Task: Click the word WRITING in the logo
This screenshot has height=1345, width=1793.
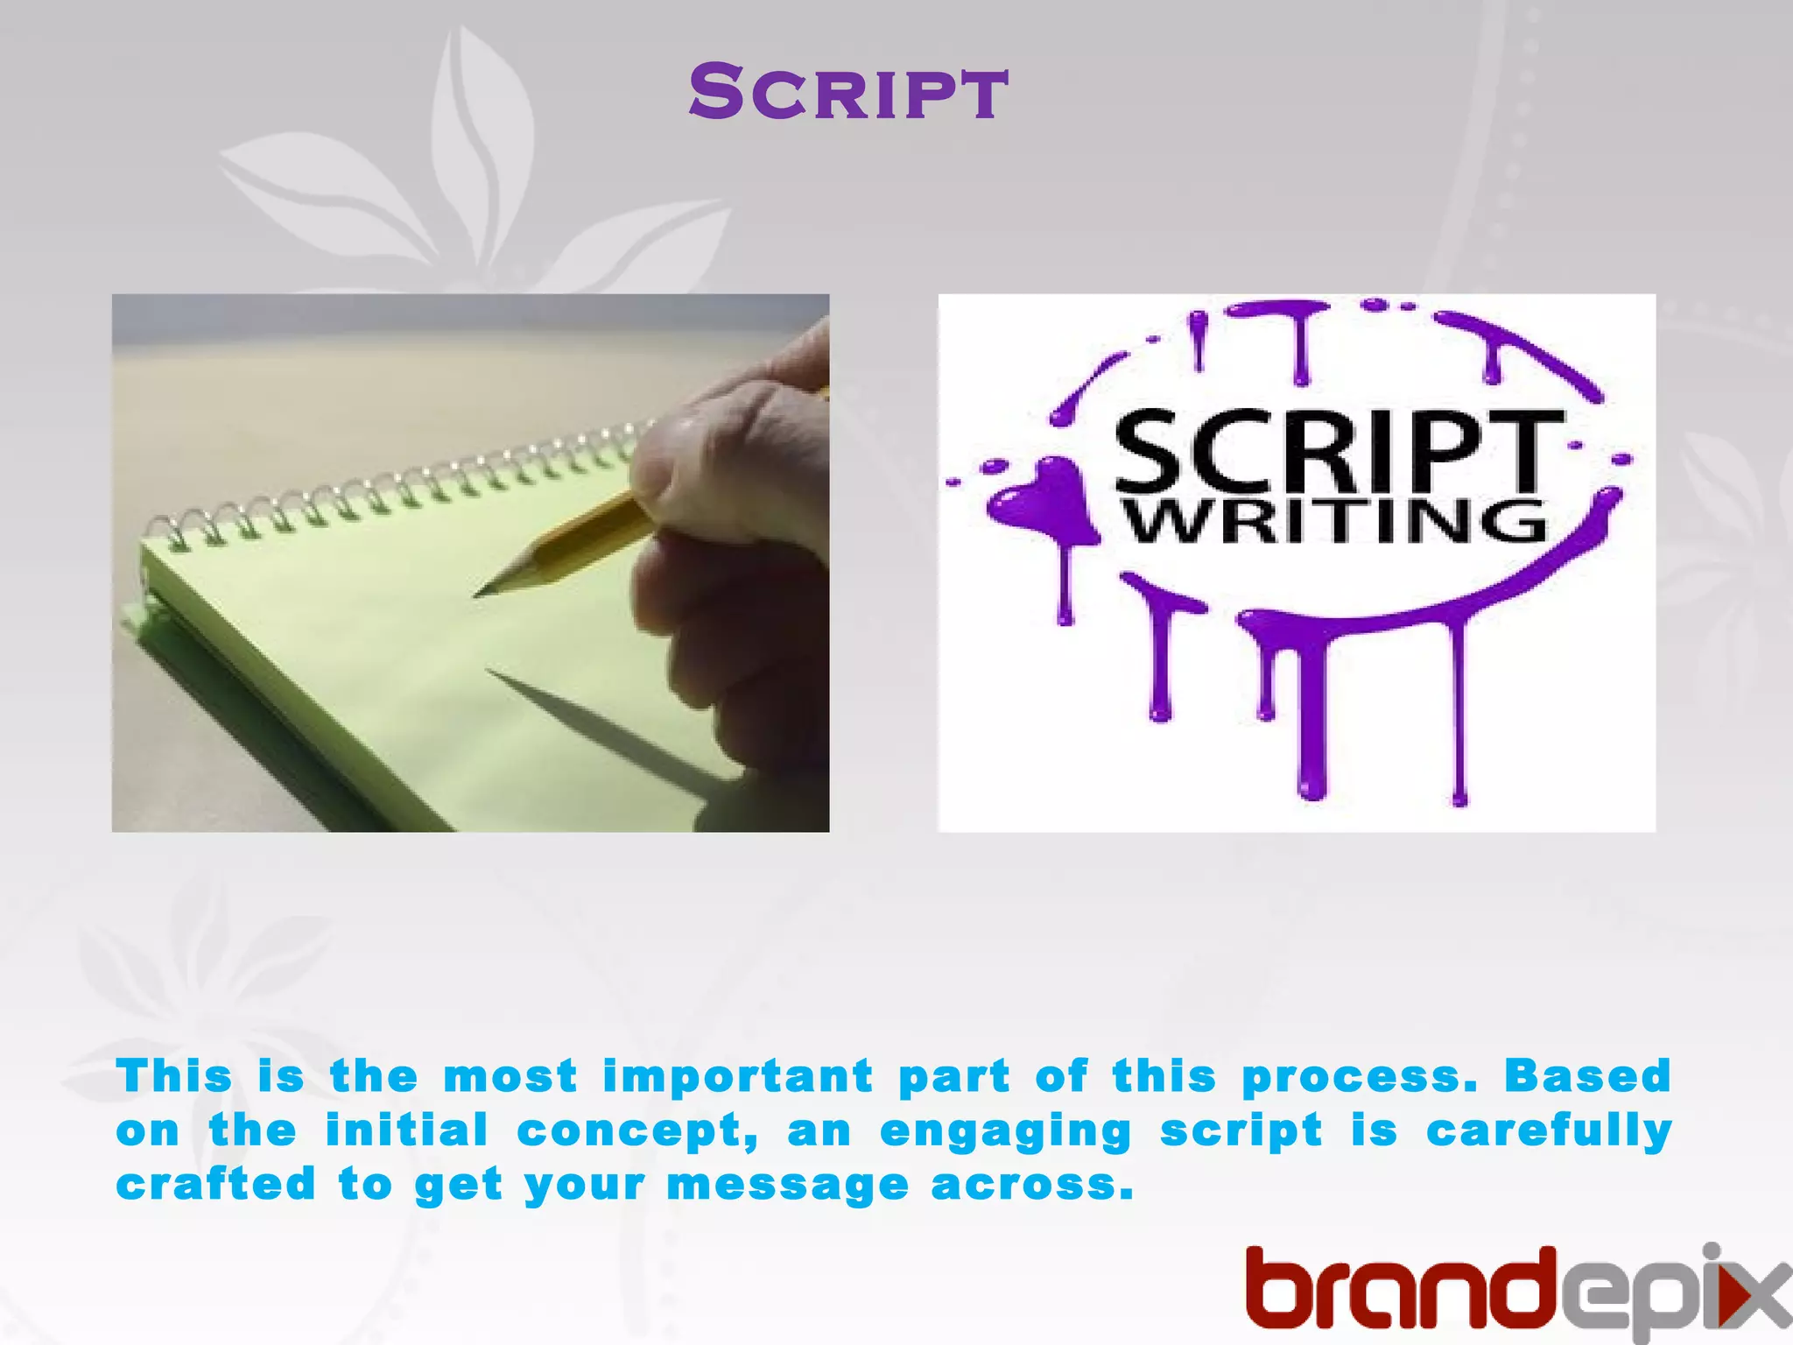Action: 1336,522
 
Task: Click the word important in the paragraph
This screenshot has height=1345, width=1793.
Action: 738,1077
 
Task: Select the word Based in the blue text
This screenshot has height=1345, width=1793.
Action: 1587,1075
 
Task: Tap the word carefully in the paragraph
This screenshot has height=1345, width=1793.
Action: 1549,1130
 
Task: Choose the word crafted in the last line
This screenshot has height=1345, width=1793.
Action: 215,1184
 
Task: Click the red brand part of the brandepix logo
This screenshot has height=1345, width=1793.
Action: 1401,1291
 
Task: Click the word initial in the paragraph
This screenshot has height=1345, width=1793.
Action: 406,1130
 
